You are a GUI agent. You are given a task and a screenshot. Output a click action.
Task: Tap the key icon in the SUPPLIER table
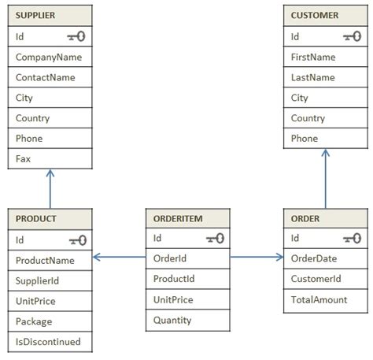[77, 36]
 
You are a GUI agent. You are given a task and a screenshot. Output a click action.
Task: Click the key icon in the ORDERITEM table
[215, 238]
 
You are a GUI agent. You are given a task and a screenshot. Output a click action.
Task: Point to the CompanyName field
[49, 57]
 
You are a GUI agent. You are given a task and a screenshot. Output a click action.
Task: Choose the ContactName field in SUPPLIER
[46, 77]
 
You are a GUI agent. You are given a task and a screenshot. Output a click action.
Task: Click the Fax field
[23, 159]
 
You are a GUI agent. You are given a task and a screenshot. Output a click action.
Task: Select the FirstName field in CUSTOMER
[313, 57]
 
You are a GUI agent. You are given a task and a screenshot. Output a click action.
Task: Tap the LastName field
[312, 77]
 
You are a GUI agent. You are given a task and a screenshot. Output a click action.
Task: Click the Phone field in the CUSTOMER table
[305, 139]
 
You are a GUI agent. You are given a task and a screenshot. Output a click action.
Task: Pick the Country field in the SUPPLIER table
[32, 118]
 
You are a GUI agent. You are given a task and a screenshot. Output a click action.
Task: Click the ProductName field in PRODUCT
[45, 260]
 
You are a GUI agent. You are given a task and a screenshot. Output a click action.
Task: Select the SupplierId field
[38, 280]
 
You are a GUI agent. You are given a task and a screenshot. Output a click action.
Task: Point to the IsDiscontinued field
[47, 342]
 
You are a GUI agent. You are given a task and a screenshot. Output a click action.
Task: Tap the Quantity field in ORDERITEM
[172, 320]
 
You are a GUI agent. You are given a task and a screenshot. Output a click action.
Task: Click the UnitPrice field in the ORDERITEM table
[174, 299]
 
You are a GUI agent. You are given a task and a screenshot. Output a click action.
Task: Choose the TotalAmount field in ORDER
[319, 299]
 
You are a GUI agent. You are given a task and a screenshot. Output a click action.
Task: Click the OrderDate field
[314, 258]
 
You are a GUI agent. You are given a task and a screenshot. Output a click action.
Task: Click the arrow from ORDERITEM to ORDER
[256, 257]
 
